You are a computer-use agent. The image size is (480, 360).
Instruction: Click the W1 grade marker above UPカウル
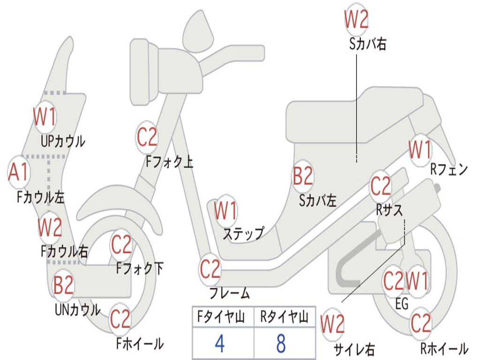pyautogui.click(x=45, y=117)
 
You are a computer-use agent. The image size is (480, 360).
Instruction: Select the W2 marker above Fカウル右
pyautogui.click(x=50, y=227)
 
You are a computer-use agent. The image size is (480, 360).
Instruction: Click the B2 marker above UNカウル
pyautogui.click(x=63, y=285)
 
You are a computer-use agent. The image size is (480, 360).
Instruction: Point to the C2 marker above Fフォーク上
pyautogui.click(x=147, y=137)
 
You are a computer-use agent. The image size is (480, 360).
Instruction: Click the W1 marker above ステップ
pyautogui.click(x=225, y=210)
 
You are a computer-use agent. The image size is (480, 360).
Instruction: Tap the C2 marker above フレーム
pyautogui.click(x=210, y=269)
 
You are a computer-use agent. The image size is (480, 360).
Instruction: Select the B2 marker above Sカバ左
pyautogui.click(x=303, y=176)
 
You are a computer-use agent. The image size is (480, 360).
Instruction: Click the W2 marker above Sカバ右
pyautogui.click(x=356, y=19)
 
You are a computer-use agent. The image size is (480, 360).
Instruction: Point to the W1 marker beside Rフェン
pyautogui.click(x=420, y=150)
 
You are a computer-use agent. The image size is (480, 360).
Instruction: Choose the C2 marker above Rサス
pyautogui.click(x=381, y=186)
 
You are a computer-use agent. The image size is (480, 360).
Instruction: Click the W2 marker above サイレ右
pyautogui.click(x=332, y=324)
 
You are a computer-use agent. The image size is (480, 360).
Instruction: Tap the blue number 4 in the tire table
pyautogui.click(x=220, y=344)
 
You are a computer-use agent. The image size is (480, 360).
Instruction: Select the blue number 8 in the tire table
pyautogui.click(x=281, y=344)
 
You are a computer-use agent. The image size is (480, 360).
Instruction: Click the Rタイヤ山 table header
pyautogui.click(x=284, y=317)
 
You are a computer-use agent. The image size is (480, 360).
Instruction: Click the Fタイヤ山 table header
pyautogui.click(x=221, y=317)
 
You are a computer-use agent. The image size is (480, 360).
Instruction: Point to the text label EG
pyautogui.click(x=402, y=304)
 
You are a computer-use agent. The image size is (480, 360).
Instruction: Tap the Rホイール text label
pyautogui.click(x=444, y=348)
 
